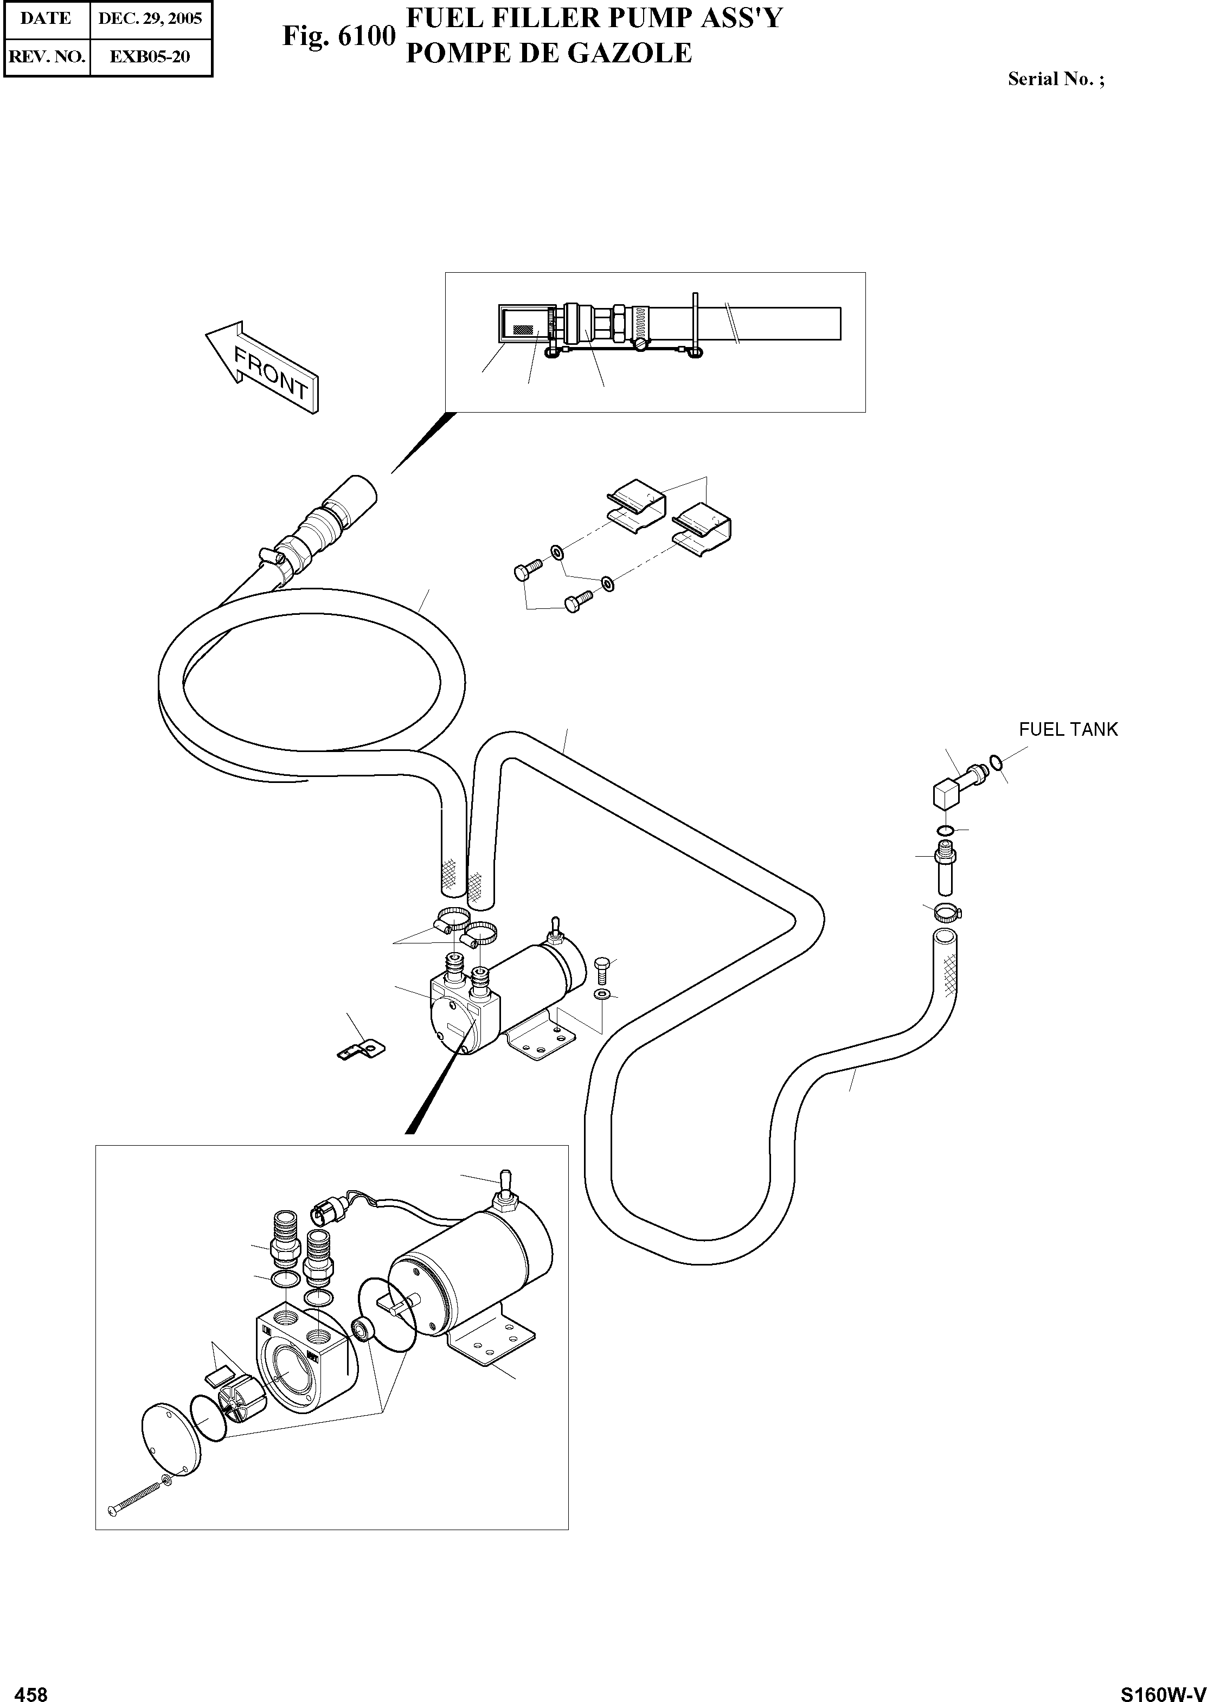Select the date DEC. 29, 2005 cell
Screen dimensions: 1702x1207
click(x=150, y=18)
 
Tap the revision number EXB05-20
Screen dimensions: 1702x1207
click(x=150, y=56)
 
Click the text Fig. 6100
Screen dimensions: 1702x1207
click(x=338, y=36)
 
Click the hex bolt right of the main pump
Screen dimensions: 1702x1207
click(x=601, y=968)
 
